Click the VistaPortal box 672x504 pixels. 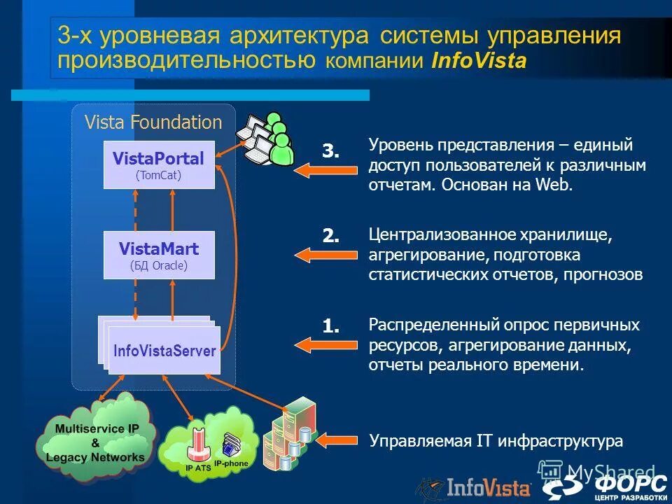click(159, 164)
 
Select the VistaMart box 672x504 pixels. click(159, 255)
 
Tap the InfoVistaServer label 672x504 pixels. click(164, 351)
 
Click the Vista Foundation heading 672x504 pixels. click(153, 122)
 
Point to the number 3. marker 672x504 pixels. click(330, 150)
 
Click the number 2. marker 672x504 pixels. click(330, 237)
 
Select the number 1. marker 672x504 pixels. click(330, 325)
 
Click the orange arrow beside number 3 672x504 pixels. click(316, 171)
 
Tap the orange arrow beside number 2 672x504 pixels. click(316, 256)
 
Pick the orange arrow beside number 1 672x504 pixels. click(316, 344)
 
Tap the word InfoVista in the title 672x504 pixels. click(479, 61)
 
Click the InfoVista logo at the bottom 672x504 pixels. click(476, 487)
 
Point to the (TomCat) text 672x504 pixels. click(158, 176)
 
